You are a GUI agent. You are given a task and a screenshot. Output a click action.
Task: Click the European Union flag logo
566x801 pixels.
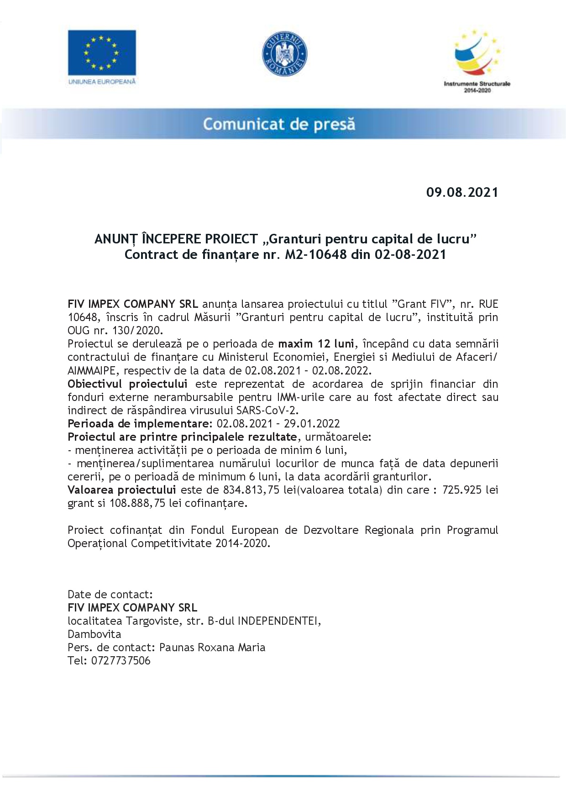click(102, 53)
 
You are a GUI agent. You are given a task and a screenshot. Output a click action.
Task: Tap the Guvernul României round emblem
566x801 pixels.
click(284, 53)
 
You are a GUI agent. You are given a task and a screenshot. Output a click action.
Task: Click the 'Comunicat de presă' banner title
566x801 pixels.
click(279, 124)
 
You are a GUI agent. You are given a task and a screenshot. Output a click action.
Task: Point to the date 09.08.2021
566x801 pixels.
click(462, 192)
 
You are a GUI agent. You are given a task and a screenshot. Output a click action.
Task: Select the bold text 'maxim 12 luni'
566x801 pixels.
click(316, 343)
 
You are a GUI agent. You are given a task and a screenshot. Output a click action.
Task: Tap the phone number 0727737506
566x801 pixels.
click(121, 661)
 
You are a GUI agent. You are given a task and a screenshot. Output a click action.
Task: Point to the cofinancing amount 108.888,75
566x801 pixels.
click(137, 503)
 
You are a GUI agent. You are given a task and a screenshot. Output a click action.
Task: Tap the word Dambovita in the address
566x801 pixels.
click(94, 634)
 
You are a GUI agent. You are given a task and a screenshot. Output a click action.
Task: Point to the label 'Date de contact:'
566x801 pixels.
click(110, 595)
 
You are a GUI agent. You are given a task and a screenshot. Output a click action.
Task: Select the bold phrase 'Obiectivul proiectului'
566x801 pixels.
click(127, 384)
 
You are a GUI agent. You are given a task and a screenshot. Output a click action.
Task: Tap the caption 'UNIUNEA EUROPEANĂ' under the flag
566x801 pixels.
click(102, 81)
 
